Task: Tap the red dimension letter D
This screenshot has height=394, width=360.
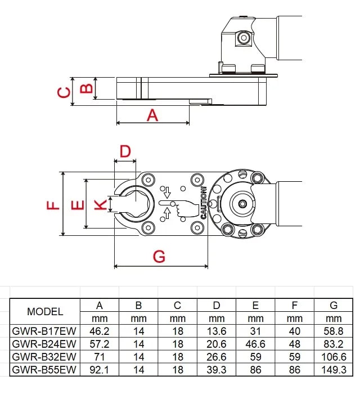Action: pos(125,150)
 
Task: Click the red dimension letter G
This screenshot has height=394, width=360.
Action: pos(160,256)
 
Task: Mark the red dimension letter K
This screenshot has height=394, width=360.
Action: pos(100,204)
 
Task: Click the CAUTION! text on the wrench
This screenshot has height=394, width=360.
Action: pos(204,203)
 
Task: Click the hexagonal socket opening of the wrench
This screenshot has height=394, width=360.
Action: pos(134,204)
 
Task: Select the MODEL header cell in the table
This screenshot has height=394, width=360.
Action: pos(45,311)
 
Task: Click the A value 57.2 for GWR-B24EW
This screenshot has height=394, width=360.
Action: pos(100,343)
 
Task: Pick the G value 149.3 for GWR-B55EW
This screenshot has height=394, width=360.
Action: pos(334,369)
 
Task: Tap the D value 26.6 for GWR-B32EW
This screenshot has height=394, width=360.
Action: pos(217,356)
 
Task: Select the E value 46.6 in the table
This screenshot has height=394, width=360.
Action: pos(255,343)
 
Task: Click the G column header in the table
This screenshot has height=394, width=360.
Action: pos(334,306)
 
